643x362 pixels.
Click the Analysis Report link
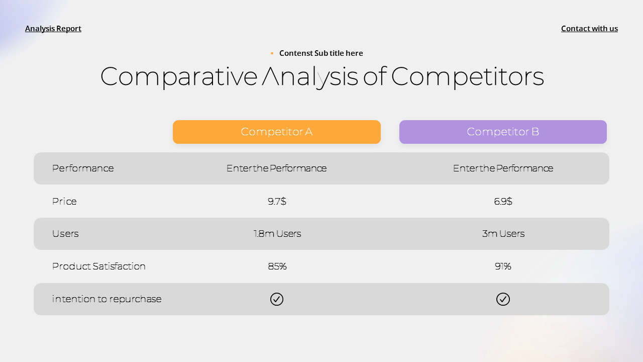(53, 29)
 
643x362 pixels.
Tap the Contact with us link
(589, 29)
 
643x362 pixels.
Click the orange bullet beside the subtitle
(272, 53)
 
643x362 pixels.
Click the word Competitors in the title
(467, 77)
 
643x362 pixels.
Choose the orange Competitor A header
(277, 132)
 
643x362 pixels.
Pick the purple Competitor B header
(503, 132)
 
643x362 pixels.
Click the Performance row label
(83, 168)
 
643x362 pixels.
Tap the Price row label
(64, 202)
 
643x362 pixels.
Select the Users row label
(65, 234)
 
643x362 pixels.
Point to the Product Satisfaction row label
(99, 266)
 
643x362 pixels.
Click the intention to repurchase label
(107, 299)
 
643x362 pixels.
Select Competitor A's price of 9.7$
(277, 202)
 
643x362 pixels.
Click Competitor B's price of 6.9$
(503, 202)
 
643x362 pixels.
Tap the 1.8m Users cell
(277, 234)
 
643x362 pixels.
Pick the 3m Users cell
(503, 234)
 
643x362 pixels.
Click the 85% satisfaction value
(277, 266)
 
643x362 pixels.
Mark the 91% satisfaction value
(503, 266)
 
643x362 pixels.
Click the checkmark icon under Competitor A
(277, 299)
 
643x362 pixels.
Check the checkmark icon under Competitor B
(503, 299)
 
